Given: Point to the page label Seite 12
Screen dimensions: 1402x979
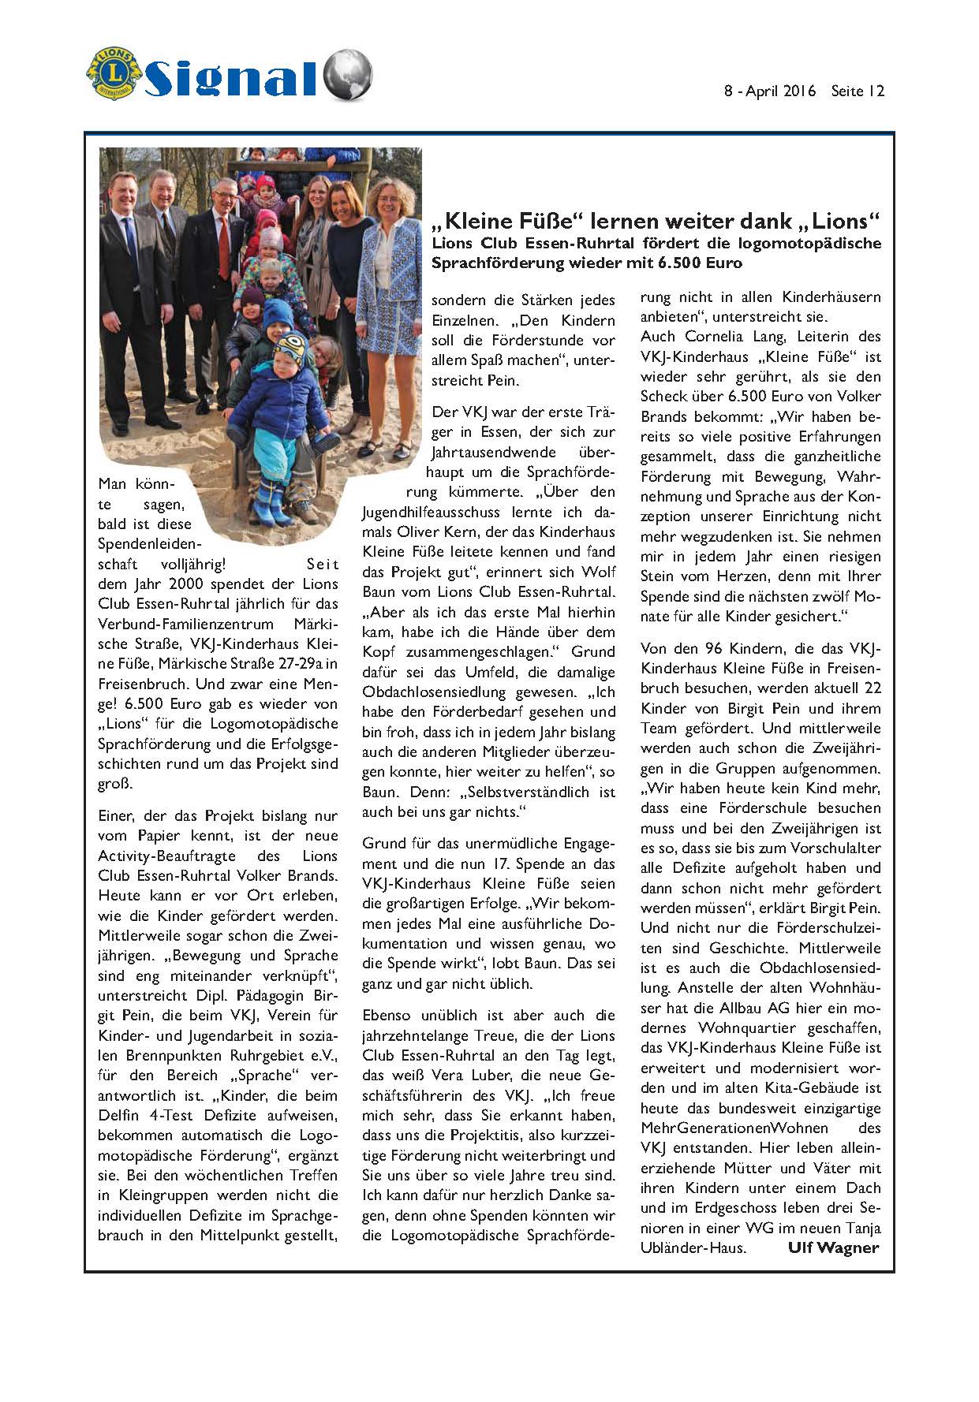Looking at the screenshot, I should [x=858, y=91].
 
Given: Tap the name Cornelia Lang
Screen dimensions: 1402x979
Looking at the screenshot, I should [x=715, y=337].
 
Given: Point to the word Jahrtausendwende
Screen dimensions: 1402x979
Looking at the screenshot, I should [x=482, y=453].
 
